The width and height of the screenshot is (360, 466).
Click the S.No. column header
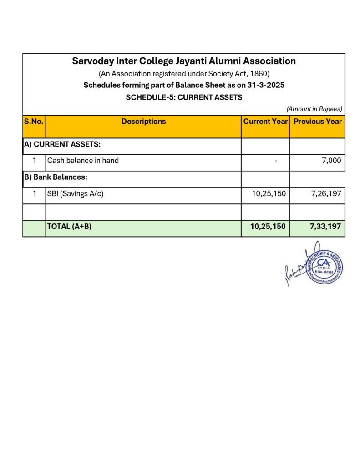click(x=34, y=122)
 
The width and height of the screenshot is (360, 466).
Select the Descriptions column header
click(x=143, y=122)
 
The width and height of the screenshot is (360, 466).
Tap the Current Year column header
click(x=265, y=122)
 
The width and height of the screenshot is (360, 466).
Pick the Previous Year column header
click(x=318, y=122)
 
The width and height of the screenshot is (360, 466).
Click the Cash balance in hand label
click(x=83, y=161)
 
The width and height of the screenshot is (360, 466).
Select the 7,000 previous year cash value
click(x=331, y=161)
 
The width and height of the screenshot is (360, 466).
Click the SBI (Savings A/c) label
click(x=75, y=193)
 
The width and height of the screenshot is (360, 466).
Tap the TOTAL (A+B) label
click(x=69, y=226)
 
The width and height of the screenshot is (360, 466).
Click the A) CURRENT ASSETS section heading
click(x=62, y=144)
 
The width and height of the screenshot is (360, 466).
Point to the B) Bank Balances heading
click(x=55, y=177)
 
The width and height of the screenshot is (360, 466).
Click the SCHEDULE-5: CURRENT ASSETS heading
click(x=183, y=97)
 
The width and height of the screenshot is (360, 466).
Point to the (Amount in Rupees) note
click(x=314, y=109)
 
